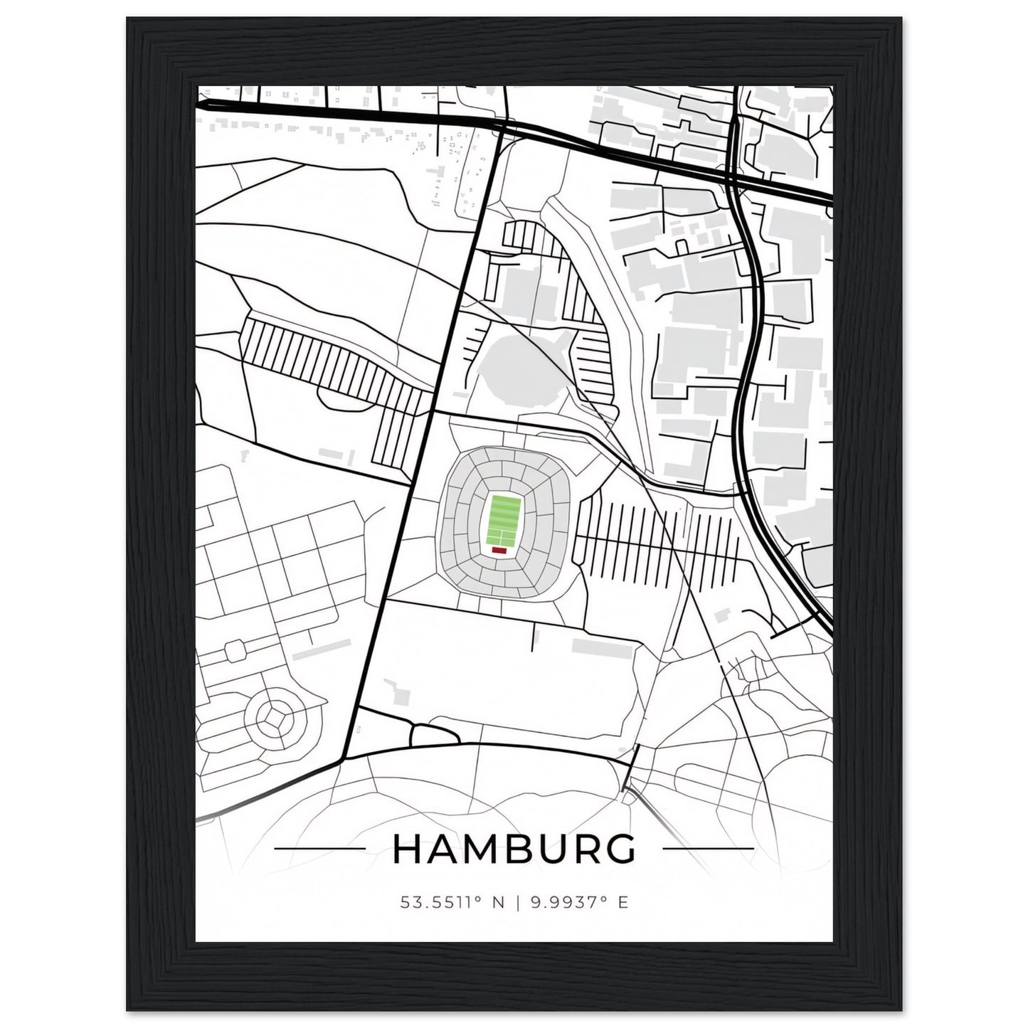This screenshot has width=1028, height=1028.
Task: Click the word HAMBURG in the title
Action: (513, 849)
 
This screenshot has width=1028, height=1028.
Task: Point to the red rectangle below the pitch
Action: (499, 549)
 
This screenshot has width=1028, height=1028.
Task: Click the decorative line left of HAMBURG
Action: (319, 848)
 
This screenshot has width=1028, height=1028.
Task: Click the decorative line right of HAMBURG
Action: (707, 848)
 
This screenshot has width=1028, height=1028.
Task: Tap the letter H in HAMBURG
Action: (407, 849)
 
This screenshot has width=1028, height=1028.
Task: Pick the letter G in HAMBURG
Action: (618, 849)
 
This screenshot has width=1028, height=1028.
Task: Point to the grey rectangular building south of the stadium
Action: (603, 647)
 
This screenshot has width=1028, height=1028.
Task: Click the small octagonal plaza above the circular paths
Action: (234, 650)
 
